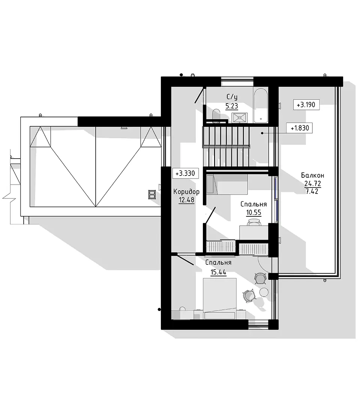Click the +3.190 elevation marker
click(x=306, y=105)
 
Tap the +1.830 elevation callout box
click(x=300, y=128)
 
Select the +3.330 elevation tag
click(x=185, y=173)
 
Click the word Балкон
click(x=312, y=175)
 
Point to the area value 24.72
click(x=312, y=184)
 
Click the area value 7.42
click(x=312, y=191)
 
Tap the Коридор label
click(x=186, y=192)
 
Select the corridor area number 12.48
click(x=186, y=200)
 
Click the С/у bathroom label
click(x=232, y=97)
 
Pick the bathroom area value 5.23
click(x=232, y=106)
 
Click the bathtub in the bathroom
click(x=261, y=105)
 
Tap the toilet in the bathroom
click(x=216, y=115)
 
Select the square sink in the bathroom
click(x=240, y=118)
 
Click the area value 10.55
click(x=253, y=213)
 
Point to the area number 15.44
click(x=218, y=272)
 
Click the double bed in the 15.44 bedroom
click(x=220, y=298)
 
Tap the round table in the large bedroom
click(x=264, y=292)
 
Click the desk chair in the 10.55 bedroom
click(x=254, y=222)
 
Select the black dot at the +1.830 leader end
click(x=262, y=133)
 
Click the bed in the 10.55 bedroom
click(x=227, y=184)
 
